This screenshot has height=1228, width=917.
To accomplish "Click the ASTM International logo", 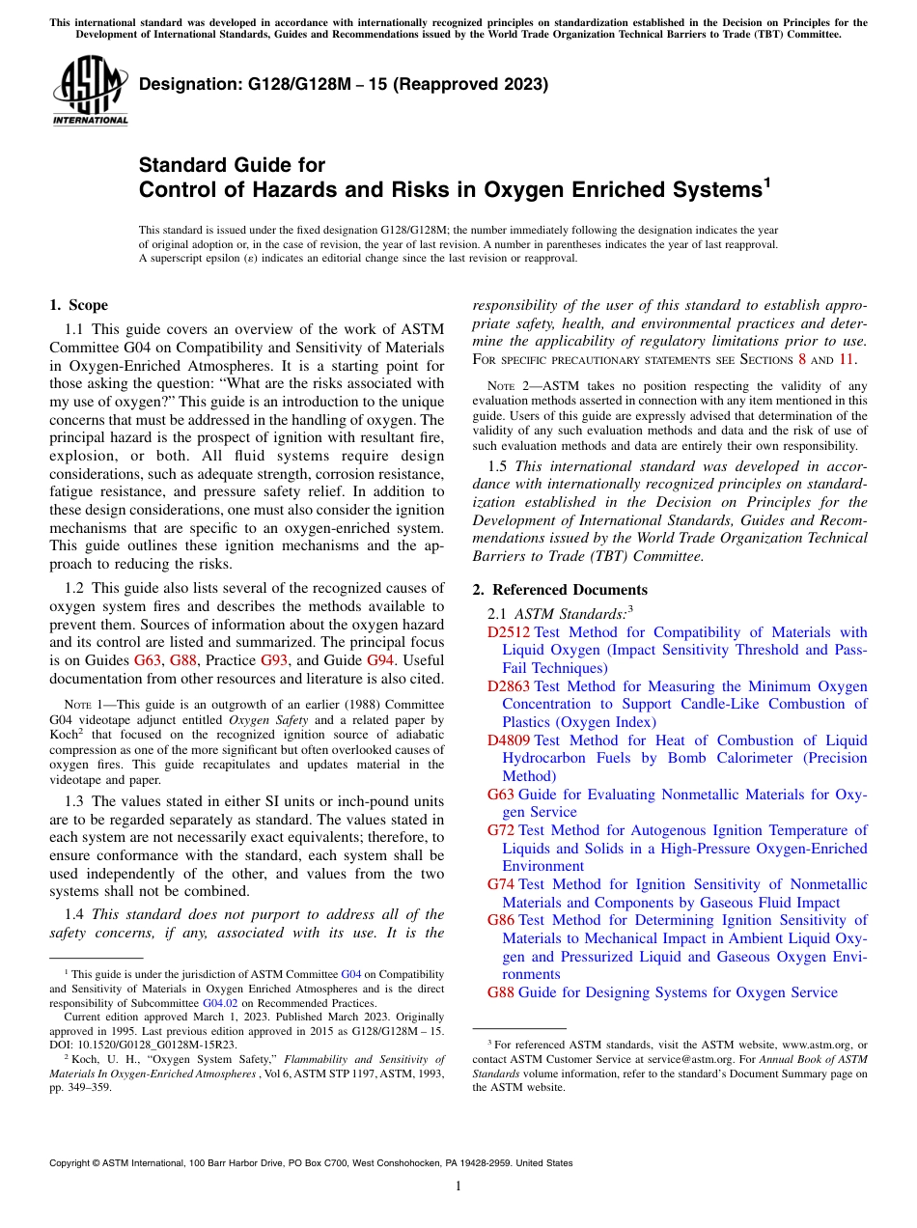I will point(90,92).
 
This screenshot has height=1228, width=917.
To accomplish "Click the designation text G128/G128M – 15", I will point(344,84).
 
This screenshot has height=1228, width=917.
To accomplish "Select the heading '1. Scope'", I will point(79,305).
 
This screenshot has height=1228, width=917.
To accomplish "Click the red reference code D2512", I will point(510,632).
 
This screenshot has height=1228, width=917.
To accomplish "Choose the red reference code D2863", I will point(510,686).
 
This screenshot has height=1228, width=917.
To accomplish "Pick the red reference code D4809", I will point(510,740).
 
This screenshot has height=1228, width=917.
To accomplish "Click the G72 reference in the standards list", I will point(502,830).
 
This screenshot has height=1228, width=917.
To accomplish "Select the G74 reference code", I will point(502,884).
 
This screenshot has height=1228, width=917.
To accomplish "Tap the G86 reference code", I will point(502,920).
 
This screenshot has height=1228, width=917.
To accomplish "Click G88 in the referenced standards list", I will point(502,992).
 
